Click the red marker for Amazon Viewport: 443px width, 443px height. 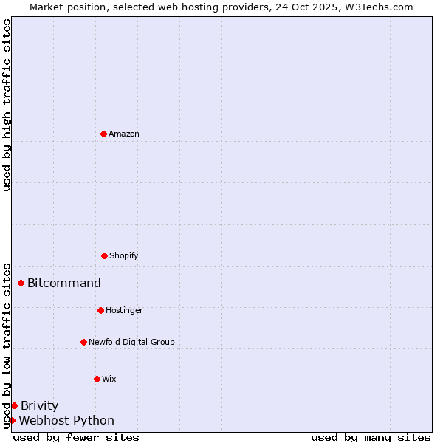coord(103,134)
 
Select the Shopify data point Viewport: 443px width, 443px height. coord(104,255)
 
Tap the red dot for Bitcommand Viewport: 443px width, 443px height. coord(21,283)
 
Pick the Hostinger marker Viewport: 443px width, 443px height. coord(100,310)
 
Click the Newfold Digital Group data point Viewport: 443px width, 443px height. coord(83,342)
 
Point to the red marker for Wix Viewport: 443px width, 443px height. coord(97,379)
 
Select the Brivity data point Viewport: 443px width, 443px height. coord(14,405)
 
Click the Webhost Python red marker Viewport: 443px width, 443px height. coord(12,420)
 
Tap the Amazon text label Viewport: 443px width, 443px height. coord(124,134)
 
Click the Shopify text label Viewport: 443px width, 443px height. coord(124,255)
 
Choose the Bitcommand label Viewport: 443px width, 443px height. coord(64,283)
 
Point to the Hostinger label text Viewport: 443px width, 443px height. coord(124,310)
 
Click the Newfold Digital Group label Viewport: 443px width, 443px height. coord(131,342)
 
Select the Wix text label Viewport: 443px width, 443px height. coord(109,379)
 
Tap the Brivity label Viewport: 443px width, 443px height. coord(39,405)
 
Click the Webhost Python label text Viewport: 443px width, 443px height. coord(66,420)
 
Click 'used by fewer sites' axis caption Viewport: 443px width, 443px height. coord(76,437)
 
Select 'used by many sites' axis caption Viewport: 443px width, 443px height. coord(371,437)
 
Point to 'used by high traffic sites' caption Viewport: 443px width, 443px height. coord(7,105)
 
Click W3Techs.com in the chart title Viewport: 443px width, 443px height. coord(382,7)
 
